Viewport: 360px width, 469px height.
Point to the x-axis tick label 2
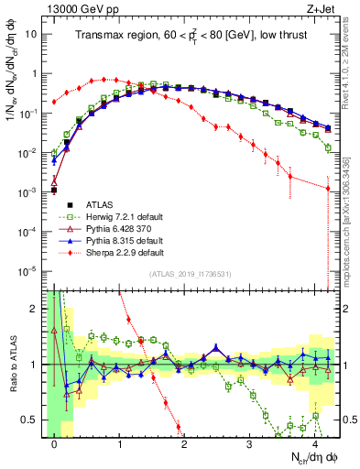point(184,443)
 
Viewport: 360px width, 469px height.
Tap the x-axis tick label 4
point(314,443)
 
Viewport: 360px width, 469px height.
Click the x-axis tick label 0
point(55,443)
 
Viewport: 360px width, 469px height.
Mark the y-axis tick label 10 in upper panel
point(30,33)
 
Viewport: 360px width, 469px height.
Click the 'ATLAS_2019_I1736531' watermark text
point(189,275)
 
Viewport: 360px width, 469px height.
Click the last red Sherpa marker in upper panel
point(327,189)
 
